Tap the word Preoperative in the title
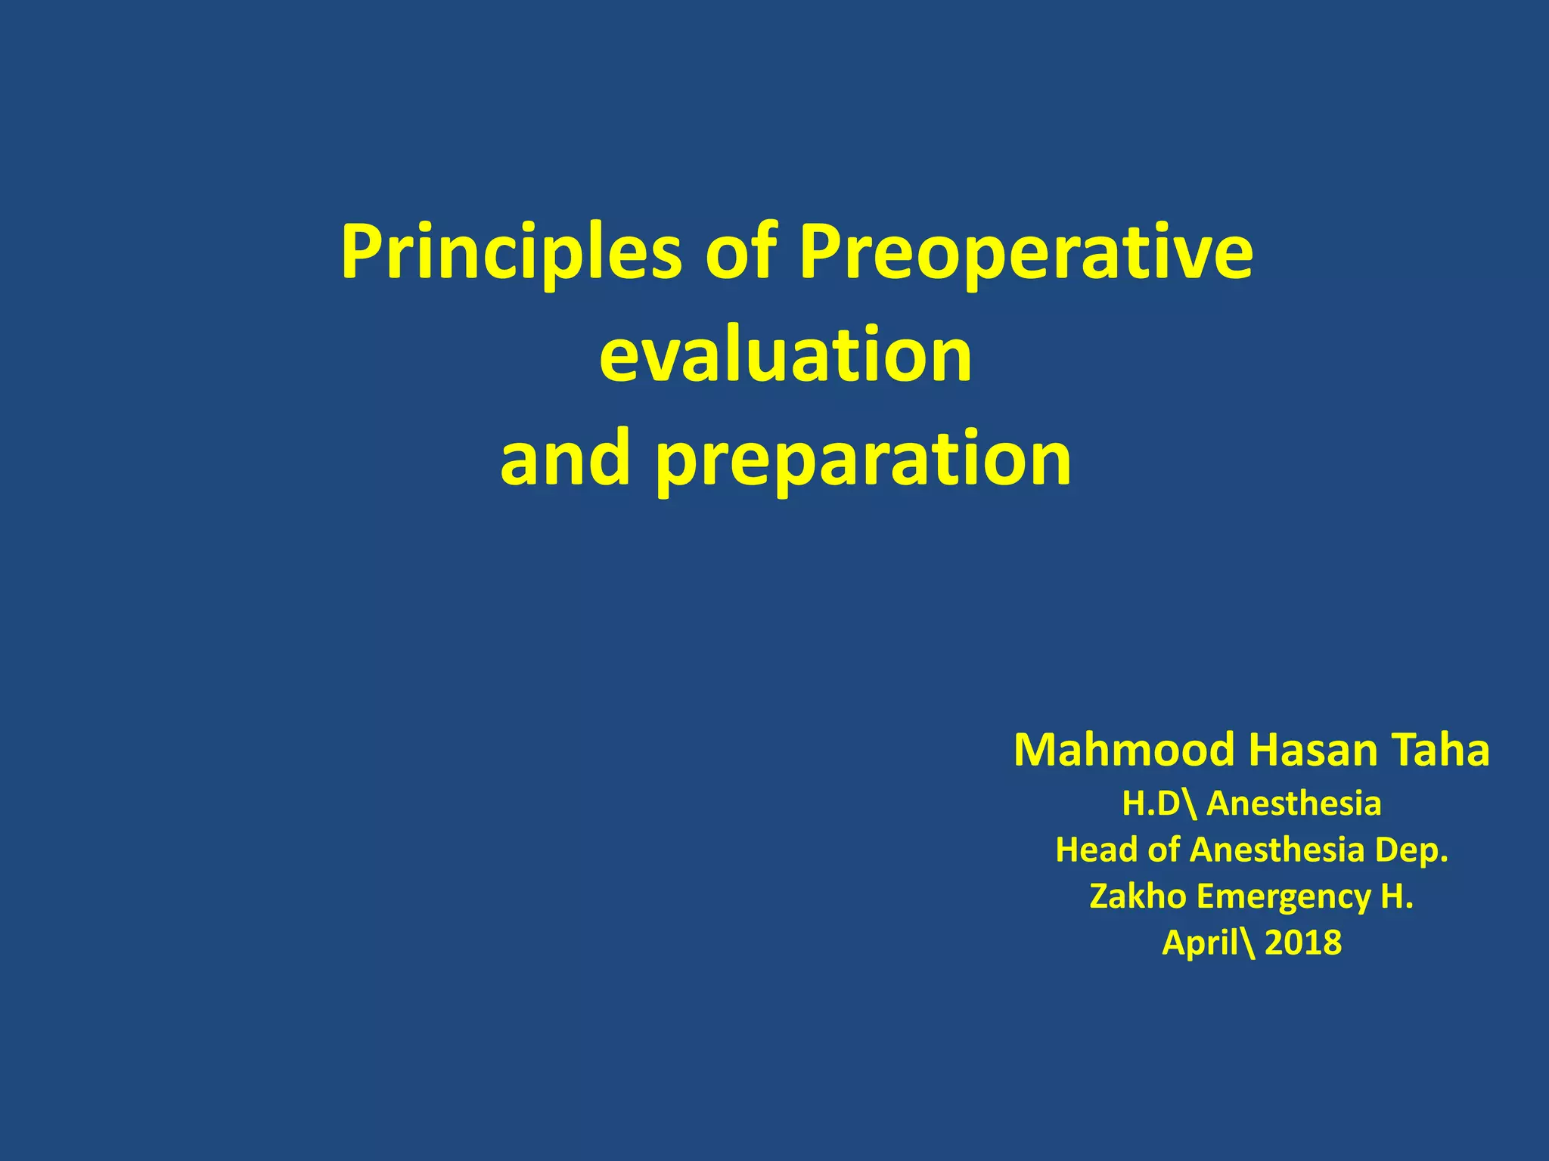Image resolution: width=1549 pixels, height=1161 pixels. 1026,253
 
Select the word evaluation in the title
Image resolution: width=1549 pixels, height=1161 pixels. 785,355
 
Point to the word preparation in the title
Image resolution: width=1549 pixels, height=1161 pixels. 863,459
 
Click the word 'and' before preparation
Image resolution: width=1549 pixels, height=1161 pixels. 565,457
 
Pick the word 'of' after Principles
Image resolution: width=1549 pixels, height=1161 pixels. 740,252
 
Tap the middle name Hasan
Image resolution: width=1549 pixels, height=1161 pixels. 1307,751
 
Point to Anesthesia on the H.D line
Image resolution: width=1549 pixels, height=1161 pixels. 1293,803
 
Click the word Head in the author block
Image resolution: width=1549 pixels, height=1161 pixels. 1096,850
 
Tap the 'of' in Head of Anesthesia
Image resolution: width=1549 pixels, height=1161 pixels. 1163,850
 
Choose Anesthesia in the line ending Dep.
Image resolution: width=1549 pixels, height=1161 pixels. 1277,850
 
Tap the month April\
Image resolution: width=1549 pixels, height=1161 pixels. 1209,943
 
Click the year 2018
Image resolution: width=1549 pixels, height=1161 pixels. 1302,943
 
